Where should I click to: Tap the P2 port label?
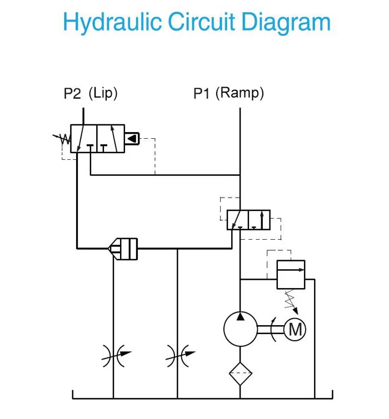tap(72, 94)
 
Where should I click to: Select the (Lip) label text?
tap(103, 93)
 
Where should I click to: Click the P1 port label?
tap(201, 94)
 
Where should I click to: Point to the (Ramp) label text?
tap(240, 93)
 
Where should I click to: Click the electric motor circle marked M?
tap(295, 330)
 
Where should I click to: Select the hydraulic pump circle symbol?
tap(240, 329)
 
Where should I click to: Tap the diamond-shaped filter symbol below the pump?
tap(240, 373)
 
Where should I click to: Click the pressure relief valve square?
tap(291, 274)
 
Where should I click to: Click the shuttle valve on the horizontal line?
tap(123, 249)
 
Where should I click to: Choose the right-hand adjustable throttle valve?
tap(178, 355)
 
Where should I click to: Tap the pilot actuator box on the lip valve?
tap(132, 138)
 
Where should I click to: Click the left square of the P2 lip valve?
tap(83, 138)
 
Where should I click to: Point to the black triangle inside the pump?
tap(240, 317)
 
